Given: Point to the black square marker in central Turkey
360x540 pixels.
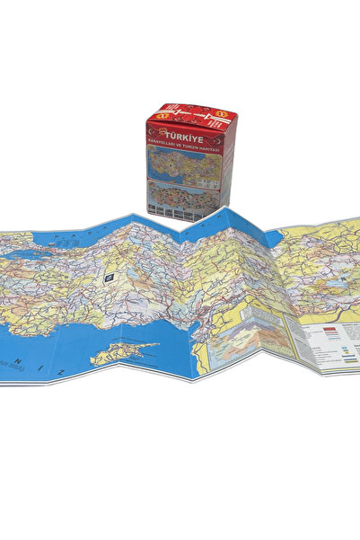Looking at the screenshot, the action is (x=109, y=279).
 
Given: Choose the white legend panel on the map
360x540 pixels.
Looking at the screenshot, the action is (x=329, y=346).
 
